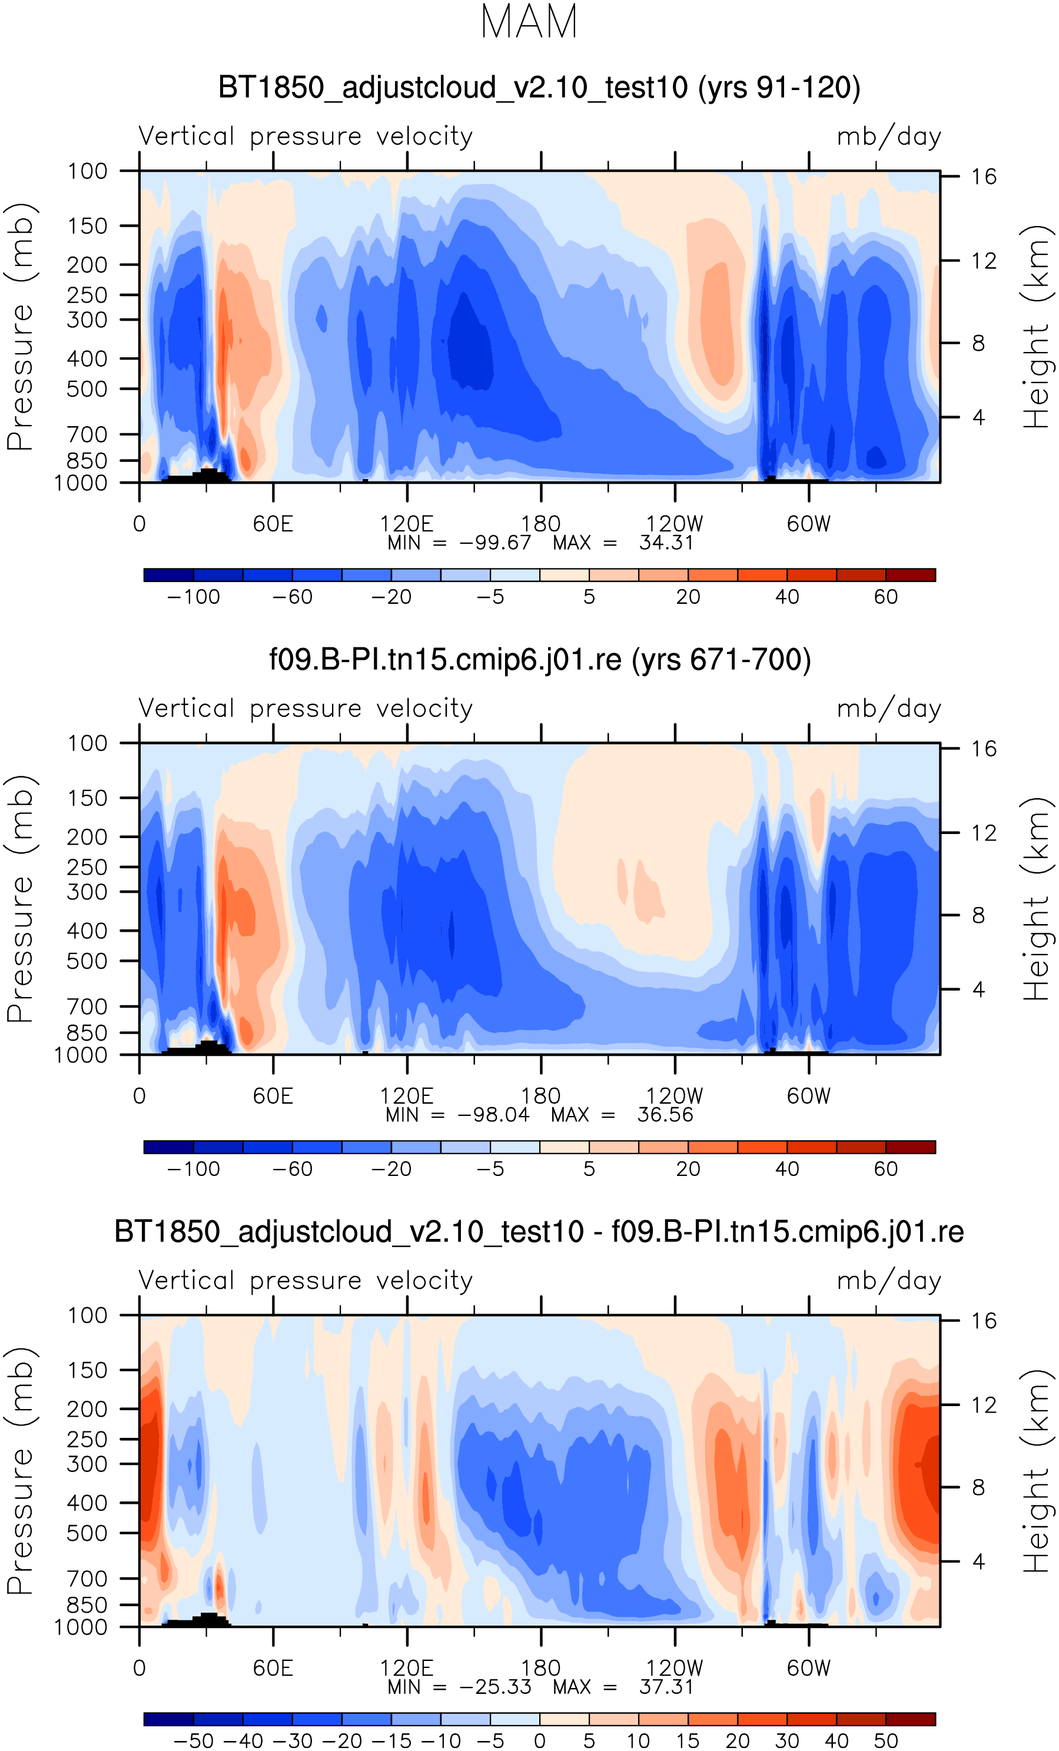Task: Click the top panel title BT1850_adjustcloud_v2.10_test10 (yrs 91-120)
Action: (539, 88)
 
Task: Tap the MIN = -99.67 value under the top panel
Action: (459, 543)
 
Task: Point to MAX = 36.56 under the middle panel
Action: (622, 1114)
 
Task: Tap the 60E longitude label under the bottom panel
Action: (273, 1668)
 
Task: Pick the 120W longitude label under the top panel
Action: (674, 524)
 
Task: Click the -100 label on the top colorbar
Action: (193, 597)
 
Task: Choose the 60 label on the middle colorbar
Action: (885, 1169)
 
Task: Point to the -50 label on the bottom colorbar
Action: (193, 1740)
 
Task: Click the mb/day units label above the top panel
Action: (888, 137)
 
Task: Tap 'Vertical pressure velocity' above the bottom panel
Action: (306, 1280)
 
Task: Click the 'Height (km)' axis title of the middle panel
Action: (1036, 898)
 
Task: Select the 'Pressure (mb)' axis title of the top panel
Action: (20, 327)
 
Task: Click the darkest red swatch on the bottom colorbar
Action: (911, 1719)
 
